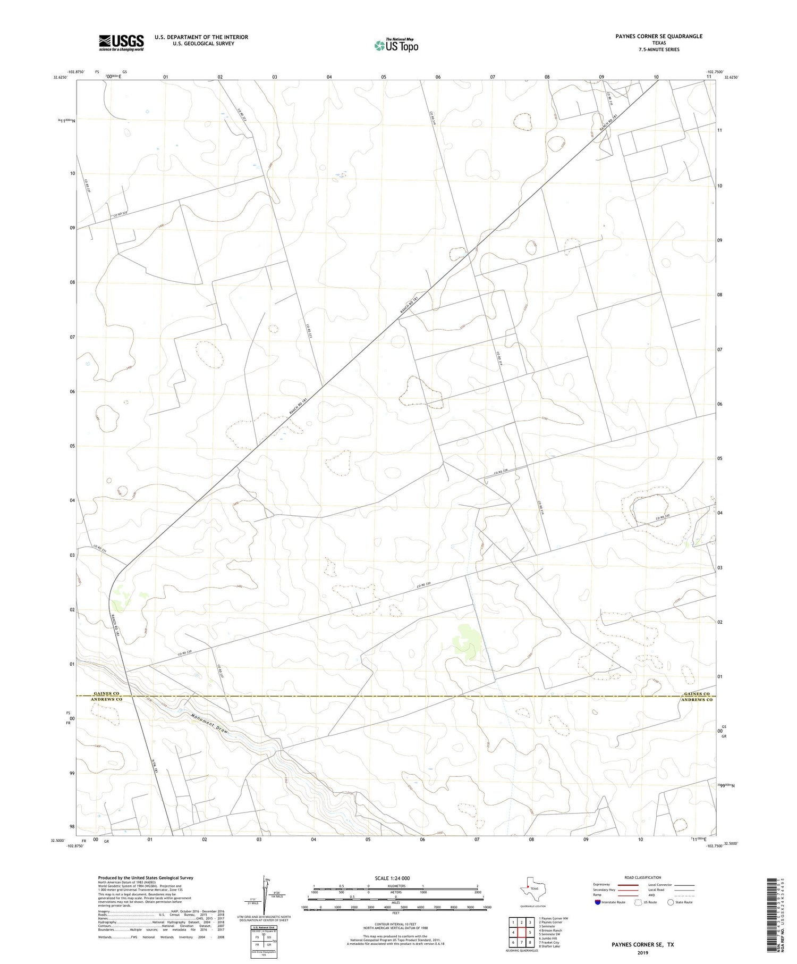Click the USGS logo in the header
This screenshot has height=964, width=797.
[x=121, y=43]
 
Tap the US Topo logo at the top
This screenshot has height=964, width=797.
[x=396, y=46]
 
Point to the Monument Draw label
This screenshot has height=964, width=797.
[x=209, y=723]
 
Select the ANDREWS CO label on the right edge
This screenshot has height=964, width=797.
[x=697, y=700]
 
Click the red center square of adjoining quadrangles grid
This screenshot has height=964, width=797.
[x=522, y=932]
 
